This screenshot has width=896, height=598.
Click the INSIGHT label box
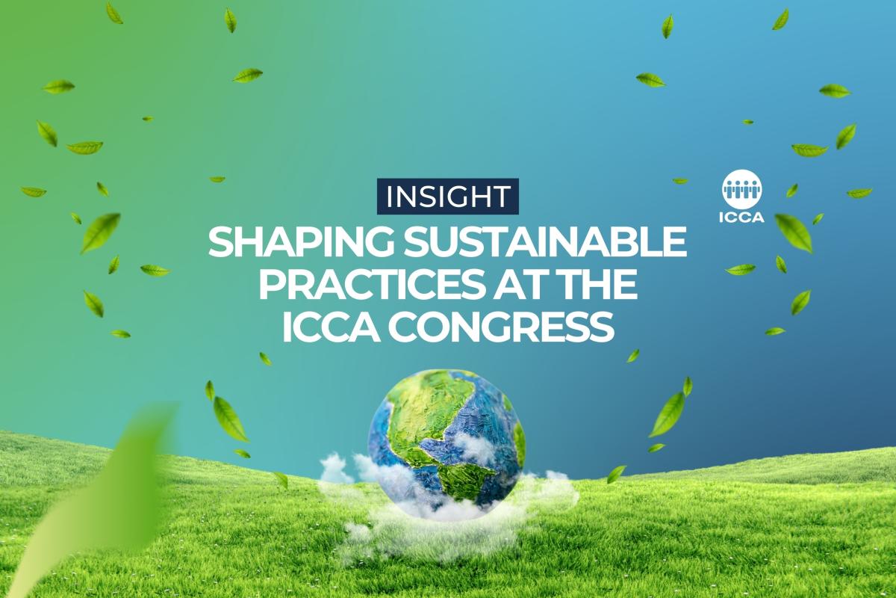(447, 196)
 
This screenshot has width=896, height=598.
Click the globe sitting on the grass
(446, 441)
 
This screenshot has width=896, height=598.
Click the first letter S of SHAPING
(220, 243)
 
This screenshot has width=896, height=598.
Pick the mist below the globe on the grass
(426, 523)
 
